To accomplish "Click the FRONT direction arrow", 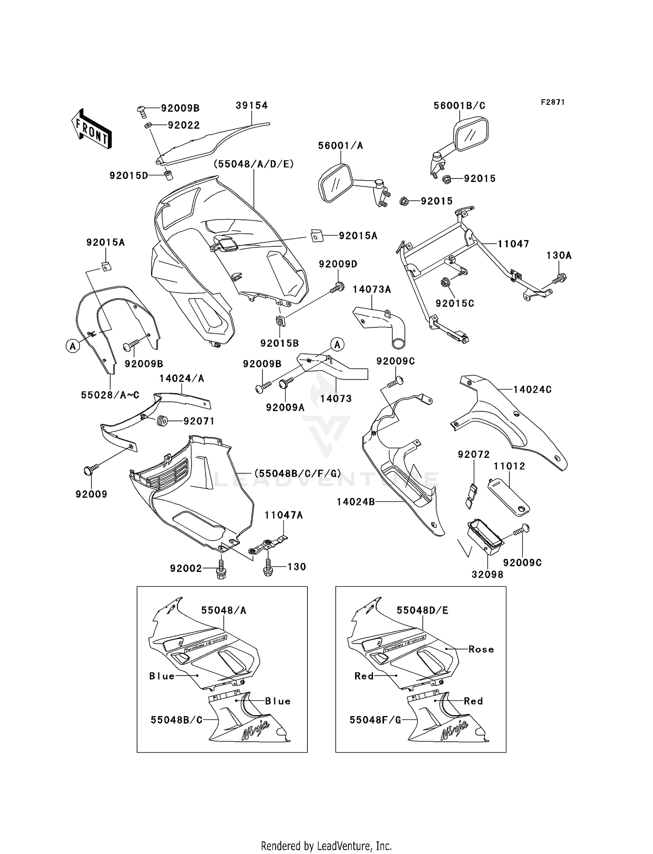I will click(x=92, y=129).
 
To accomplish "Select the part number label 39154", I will click(x=252, y=106).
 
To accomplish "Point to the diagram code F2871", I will click(x=553, y=102).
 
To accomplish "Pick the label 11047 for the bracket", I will click(x=513, y=244).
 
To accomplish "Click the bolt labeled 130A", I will click(x=560, y=277).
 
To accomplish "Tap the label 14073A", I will click(x=371, y=289).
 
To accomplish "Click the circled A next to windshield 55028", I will click(x=73, y=346).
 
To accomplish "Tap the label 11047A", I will click(x=283, y=515).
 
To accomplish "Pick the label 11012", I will click(x=509, y=466).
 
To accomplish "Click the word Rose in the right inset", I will click(x=481, y=649).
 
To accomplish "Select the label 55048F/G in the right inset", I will click(x=375, y=720).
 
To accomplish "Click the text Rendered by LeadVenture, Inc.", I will click(x=326, y=846).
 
